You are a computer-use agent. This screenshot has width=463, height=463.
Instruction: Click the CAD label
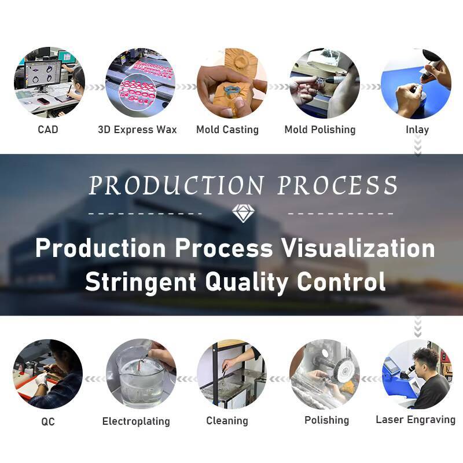point(48,129)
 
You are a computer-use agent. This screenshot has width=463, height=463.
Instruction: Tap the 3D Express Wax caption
point(137,129)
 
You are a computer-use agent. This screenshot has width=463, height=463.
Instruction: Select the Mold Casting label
point(227,129)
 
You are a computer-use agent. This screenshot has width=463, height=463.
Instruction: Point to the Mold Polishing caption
point(320,129)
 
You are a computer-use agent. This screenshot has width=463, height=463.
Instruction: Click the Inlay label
point(417,130)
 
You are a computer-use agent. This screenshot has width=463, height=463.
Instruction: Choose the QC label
point(48,421)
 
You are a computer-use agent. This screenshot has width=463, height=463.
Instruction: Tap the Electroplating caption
point(136,421)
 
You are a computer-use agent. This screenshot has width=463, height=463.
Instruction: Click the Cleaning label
point(227,421)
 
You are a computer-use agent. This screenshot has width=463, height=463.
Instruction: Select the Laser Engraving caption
point(416,420)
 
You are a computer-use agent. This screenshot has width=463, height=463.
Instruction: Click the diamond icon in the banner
point(243,213)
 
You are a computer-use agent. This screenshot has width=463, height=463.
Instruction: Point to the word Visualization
point(358,248)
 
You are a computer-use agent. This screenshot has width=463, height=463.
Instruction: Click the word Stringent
point(141,281)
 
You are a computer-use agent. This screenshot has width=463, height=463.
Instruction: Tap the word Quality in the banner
point(247,282)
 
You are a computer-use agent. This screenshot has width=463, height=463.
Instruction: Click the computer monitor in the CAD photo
point(43,75)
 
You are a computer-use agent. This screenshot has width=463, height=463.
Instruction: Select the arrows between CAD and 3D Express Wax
point(95,87)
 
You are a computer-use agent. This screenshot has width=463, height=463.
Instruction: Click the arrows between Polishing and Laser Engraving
point(371,379)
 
